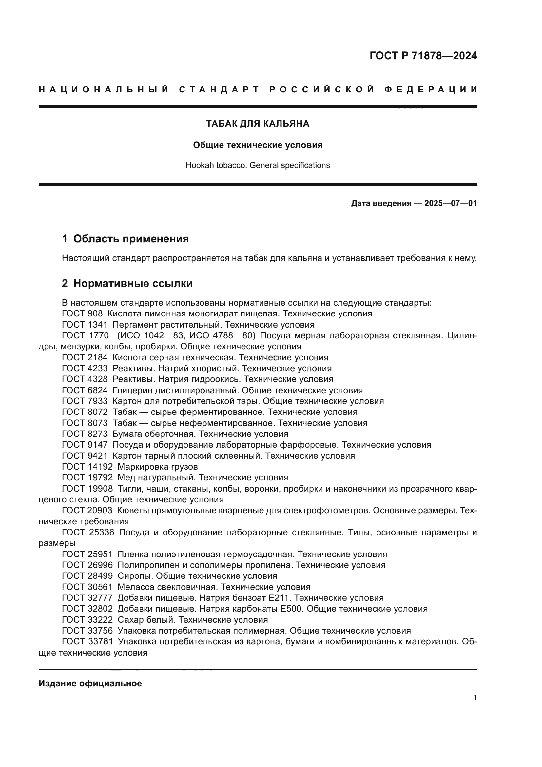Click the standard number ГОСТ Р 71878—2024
click(x=423, y=56)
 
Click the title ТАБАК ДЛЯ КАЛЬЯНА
click(x=258, y=124)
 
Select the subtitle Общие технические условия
click(x=258, y=145)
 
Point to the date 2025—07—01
click(x=451, y=203)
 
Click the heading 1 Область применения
click(x=126, y=239)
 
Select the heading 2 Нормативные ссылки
click(x=127, y=283)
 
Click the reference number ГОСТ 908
click(x=82, y=314)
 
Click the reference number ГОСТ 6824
click(x=85, y=390)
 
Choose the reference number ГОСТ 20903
click(x=87, y=511)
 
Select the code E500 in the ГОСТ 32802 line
click(x=292, y=609)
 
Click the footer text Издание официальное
click(x=90, y=683)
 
